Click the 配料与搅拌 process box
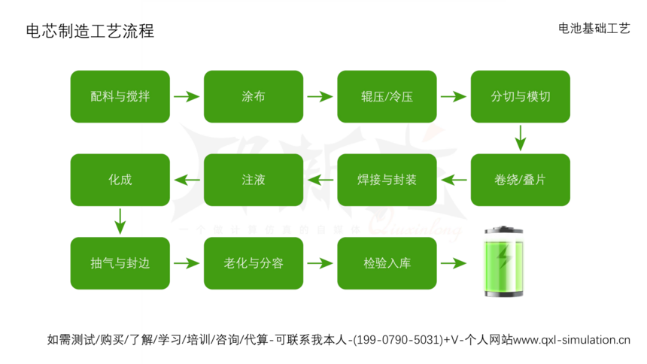pyautogui.click(x=120, y=97)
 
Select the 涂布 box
pyautogui.click(x=253, y=97)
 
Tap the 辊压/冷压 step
pyautogui.click(x=387, y=97)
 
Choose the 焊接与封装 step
pyautogui.click(x=387, y=180)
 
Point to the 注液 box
pyautogui.click(x=253, y=180)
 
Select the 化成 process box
pyautogui.click(x=120, y=180)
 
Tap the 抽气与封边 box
pyautogui.click(x=120, y=263)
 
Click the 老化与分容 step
pyautogui.click(x=253, y=263)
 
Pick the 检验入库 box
pyautogui.click(x=387, y=263)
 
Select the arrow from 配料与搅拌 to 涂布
pyautogui.click(x=186, y=97)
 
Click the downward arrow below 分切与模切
pyautogui.click(x=520, y=138)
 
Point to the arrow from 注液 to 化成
pyautogui.click(x=187, y=180)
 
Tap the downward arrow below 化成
pyautogui.click(x=119, y=221)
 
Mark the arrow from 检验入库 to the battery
pyautogui.click(x=454, y=263)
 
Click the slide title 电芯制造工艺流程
pyautogui.click(x=90, y=31)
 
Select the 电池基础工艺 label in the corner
pyautogui.click(x=594, y=28)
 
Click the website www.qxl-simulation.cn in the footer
pyautogui.click(x=572, y=340)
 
